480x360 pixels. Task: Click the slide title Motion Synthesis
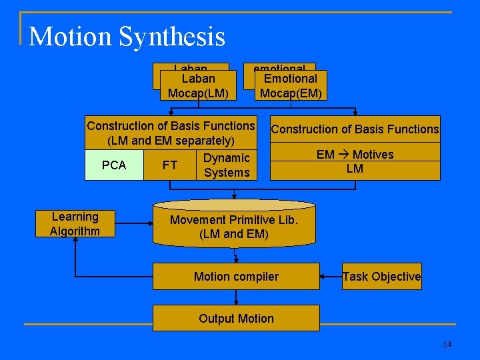127,36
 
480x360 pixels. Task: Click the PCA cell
114,165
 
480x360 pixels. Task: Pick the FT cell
170,165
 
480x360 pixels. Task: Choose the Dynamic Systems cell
227,165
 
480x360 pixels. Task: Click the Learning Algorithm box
75,224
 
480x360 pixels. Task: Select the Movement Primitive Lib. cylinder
234,227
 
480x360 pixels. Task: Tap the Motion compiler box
236,277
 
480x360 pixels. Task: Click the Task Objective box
381,277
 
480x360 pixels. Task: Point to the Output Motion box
236,319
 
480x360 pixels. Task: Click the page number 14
447,345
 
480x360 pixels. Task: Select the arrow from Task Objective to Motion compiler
331,277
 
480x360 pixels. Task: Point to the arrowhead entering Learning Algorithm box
76,241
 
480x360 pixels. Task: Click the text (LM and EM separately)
171,141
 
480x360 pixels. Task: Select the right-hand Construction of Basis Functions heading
355,129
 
